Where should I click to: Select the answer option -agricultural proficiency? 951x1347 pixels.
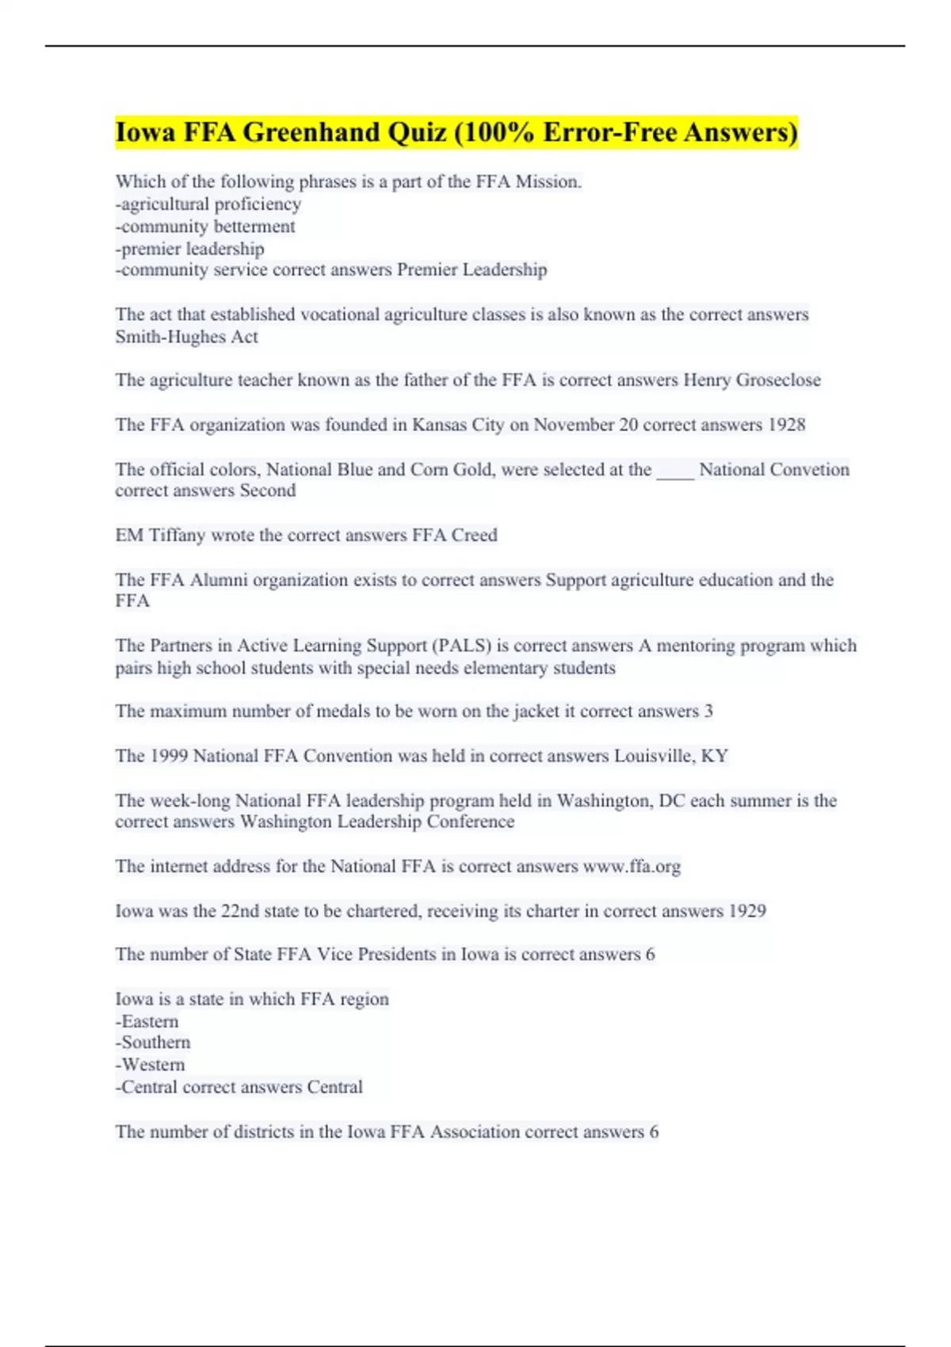point(208,204)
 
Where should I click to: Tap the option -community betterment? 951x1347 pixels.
point(205,227)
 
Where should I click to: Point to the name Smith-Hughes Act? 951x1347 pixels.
point(186,337)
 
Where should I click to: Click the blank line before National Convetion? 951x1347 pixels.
point(675,471)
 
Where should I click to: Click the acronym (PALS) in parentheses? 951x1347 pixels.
point(460,646)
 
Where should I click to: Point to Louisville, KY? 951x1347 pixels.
point(670,756)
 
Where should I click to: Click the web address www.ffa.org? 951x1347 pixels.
point(632,867)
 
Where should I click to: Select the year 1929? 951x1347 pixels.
point(747,911)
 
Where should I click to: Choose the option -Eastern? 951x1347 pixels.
point(147,1021)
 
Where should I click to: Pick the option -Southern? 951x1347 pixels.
point(153,1043)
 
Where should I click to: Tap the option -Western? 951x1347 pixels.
point(151,1065)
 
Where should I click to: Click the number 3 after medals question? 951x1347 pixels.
point(708,712)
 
